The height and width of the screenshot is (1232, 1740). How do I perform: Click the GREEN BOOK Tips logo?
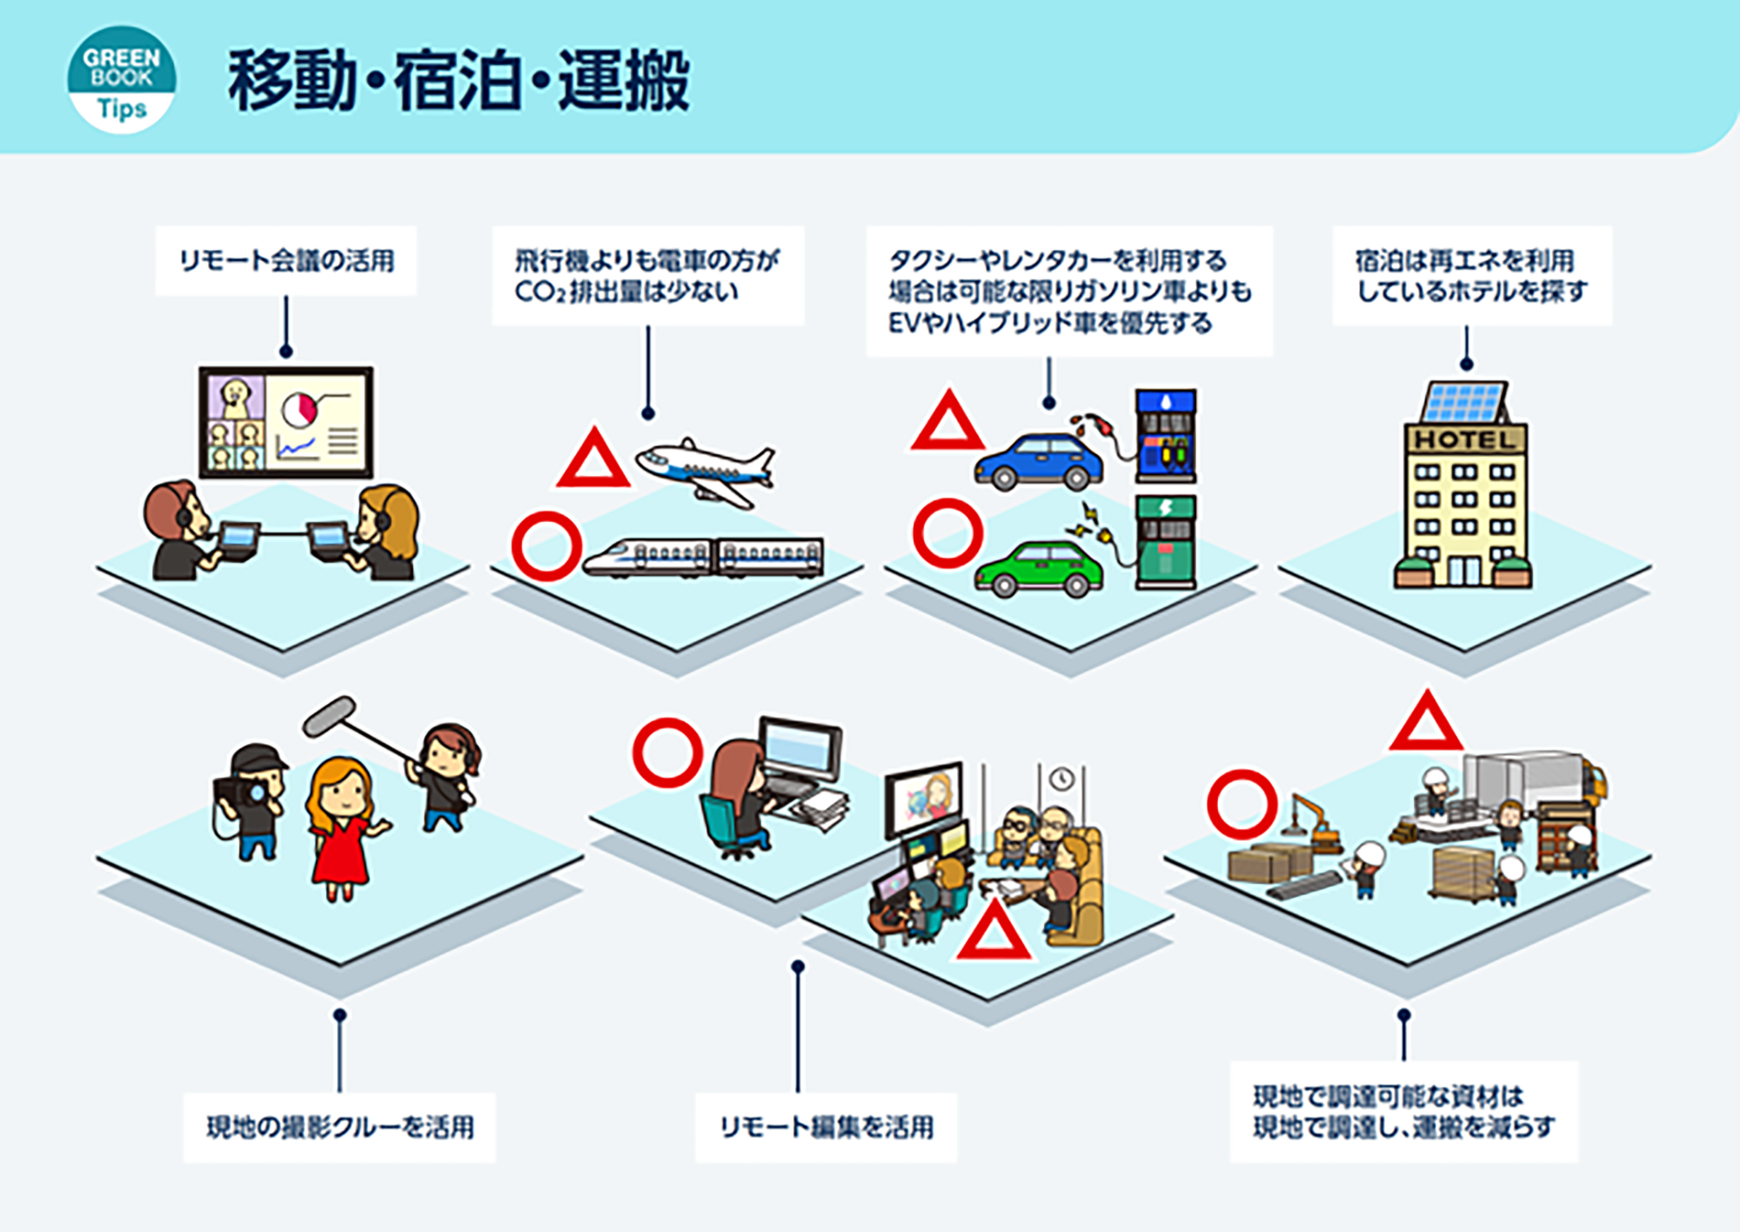[122, 79]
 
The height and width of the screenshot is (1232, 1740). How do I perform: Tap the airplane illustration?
[705, 472]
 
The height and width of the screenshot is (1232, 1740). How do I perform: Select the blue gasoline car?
[1039, 462]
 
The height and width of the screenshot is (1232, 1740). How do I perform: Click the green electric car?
[1039, 569]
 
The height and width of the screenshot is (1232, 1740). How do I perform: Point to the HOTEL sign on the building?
[1466, 439]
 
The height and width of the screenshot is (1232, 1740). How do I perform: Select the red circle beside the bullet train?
[546, 546]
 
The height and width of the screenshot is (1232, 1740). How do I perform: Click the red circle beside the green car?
[947, 533]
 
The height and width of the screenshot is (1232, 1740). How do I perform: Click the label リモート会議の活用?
[286, 260]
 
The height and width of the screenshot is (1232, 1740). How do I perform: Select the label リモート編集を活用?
[826, 1128]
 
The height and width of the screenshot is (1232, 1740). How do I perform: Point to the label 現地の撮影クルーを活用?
[339, 1128]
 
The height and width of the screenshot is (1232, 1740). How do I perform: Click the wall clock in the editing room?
[1061, 779]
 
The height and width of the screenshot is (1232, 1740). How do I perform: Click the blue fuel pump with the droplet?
[1166, 436]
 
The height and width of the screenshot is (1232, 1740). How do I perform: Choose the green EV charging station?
[1166, 543]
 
